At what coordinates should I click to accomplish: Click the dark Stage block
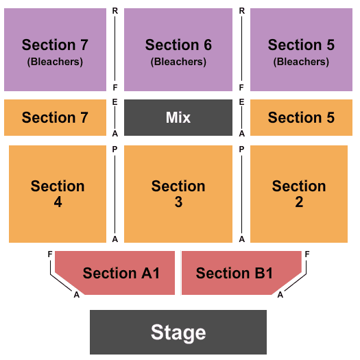tap(178, 332)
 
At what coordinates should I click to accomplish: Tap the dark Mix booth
tap(178, 117)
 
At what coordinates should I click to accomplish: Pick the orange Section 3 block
tap(178, 194)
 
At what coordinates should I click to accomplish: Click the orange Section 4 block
tap(58, 194)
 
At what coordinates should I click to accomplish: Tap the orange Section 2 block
tap(299, 194)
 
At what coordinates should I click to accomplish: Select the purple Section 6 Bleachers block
tap(178, 49)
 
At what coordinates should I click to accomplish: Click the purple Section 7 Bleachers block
tap(55, 49)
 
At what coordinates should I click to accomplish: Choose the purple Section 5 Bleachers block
tap(301, 49)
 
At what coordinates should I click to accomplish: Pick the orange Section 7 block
tap(55, 117)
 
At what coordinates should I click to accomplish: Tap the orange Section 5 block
tap(301, 117)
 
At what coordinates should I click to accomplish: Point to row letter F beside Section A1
tap(50, 254)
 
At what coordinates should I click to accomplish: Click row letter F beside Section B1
tap(307, 254)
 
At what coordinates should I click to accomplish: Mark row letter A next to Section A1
tap(76, 295)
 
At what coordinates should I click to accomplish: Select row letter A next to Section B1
tap(280, 295)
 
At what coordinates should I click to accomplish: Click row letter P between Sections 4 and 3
tap(115, 149)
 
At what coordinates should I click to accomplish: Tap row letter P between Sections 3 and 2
tap(241, 149)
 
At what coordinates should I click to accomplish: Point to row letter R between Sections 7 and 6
tap(115, 10)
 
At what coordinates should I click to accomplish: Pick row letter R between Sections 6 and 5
tap(242, 10)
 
